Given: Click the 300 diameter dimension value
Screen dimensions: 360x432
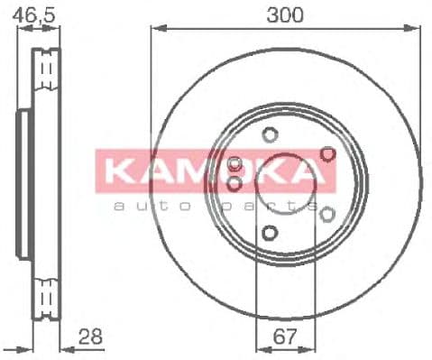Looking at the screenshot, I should point(284,14).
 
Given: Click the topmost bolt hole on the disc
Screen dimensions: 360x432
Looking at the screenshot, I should point(269,136).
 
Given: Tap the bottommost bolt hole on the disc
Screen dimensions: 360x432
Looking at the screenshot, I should point(269,234).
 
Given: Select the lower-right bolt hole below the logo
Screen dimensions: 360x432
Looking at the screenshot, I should point(326,214).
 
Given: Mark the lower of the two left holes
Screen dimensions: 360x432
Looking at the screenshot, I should point(235,184).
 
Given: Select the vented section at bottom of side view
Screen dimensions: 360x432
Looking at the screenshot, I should point(46,296).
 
